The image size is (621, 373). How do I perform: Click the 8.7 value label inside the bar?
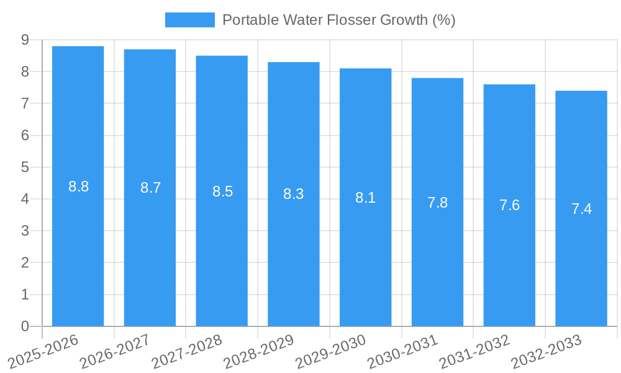[x=150, y=188]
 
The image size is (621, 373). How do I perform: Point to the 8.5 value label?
[x=222, y=191]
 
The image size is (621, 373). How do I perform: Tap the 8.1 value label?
[x=365, y=198]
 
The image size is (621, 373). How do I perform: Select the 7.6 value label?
[x=509, y=206]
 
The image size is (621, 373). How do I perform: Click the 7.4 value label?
[x=581, y=210]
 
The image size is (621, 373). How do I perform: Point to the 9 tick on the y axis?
[x=25, y=40]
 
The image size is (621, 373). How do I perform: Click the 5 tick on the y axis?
[x=25, y=167]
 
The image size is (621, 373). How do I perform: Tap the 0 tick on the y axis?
[x=25, y=326]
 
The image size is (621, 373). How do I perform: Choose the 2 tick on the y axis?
[x=25, y=263]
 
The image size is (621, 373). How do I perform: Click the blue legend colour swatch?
[x=189, y=20]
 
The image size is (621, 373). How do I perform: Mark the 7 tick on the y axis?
[x=25, y=104]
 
